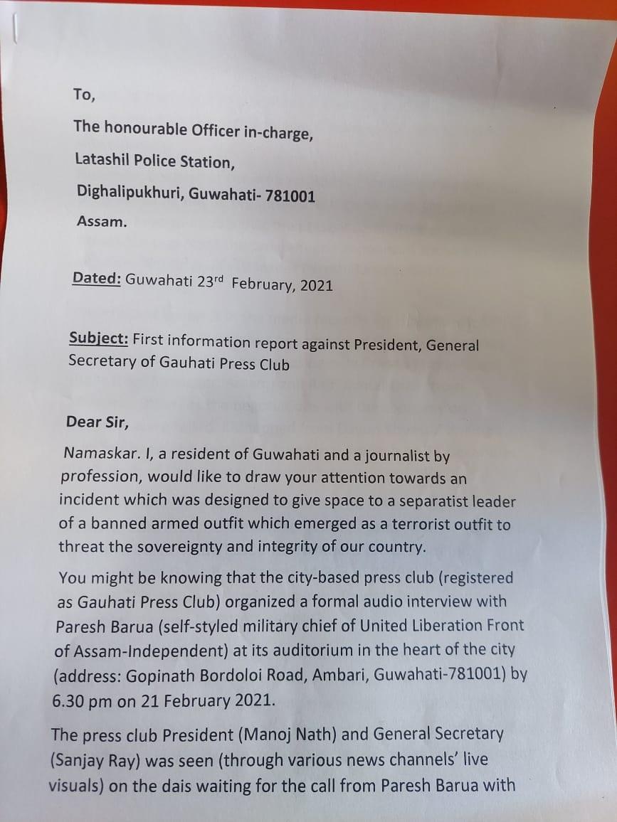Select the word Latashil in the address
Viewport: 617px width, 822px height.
pos(103,161)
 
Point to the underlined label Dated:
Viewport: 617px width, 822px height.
pos(96,279)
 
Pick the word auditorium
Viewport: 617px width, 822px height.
pos(295,649)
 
